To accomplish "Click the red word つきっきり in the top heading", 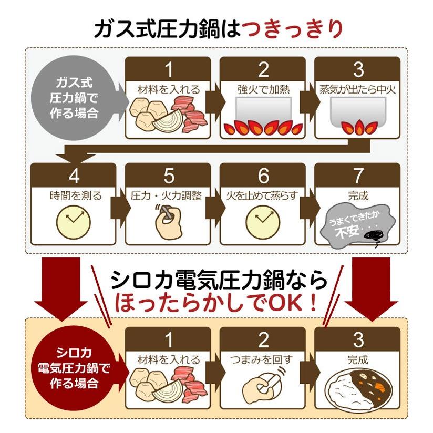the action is [293, 29].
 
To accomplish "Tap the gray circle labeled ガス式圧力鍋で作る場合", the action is [74, 98].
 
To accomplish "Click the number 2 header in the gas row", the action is [263, 69].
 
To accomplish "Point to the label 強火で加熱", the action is [264, 90].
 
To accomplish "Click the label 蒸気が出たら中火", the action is [358, 90].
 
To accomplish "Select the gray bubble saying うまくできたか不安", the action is [356, 224].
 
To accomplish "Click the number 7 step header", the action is [358, 176].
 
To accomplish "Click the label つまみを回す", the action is [262, 359].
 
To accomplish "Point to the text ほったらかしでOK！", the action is [216, 303].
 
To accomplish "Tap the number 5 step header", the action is [169, 176].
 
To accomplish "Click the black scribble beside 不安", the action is [373, 237].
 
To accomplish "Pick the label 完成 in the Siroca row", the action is [358, 359].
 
